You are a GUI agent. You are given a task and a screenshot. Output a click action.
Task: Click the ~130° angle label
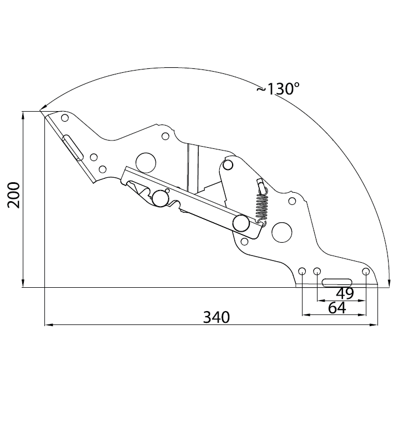pos(278,89)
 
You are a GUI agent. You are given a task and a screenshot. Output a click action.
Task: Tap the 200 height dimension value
pos(13,195)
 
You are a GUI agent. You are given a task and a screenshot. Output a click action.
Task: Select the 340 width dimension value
pos(216,317)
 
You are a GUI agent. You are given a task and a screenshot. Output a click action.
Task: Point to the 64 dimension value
pos(337,308)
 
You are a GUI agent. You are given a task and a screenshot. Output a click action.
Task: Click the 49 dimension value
pos(345,293)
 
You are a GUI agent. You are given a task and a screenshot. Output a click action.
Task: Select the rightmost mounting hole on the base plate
pos(366,271)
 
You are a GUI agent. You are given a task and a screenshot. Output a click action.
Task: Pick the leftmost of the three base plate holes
pos(302,271)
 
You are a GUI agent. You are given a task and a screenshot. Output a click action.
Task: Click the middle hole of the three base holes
pos(317,271)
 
